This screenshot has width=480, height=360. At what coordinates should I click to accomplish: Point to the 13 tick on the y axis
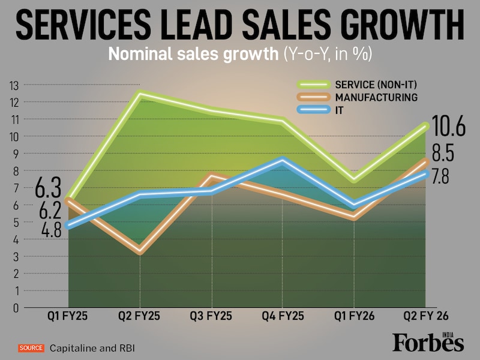(x=14, y=85)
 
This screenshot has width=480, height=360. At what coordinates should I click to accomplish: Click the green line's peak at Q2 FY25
(x=140, y=93)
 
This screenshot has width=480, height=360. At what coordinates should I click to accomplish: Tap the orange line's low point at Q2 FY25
(x=140, y=251)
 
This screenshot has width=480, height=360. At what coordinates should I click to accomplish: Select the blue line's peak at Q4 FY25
(x=283, y=160)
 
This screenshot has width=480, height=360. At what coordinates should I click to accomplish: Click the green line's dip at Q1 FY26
(x=355, y=179)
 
